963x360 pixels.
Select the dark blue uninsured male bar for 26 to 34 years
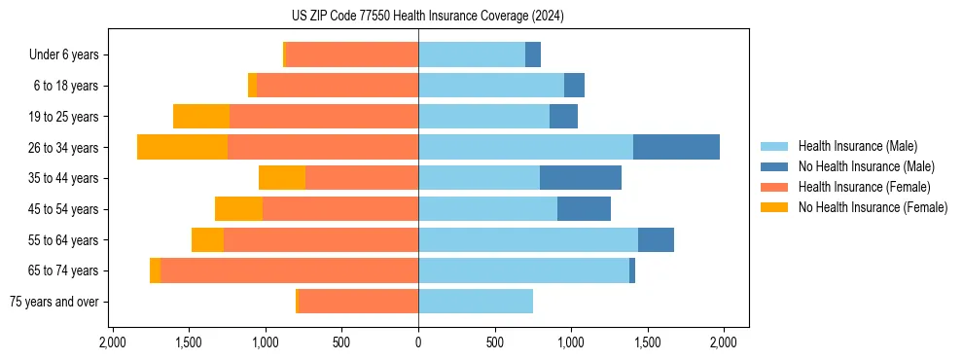(676, 147)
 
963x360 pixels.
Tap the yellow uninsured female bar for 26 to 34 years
(182, 147)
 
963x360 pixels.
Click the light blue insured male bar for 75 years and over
(476, 302)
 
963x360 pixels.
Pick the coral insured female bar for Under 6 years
(352, 54)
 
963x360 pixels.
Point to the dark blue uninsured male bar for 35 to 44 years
(580, 178)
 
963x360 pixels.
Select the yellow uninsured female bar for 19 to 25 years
(201, 117)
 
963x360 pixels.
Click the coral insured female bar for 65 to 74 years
(290, 270)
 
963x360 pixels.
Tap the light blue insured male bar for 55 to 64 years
(528, 239)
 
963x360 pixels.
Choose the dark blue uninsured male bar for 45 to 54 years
(584, 209)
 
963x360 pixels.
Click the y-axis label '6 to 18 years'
(66, 86)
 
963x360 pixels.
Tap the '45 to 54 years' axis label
(63, 209)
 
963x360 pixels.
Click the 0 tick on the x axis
(418, 342)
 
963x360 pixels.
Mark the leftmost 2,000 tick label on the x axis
(113, 342)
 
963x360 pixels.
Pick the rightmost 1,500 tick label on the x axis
(647, 342)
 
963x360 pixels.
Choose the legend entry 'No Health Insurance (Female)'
(873, 207)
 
